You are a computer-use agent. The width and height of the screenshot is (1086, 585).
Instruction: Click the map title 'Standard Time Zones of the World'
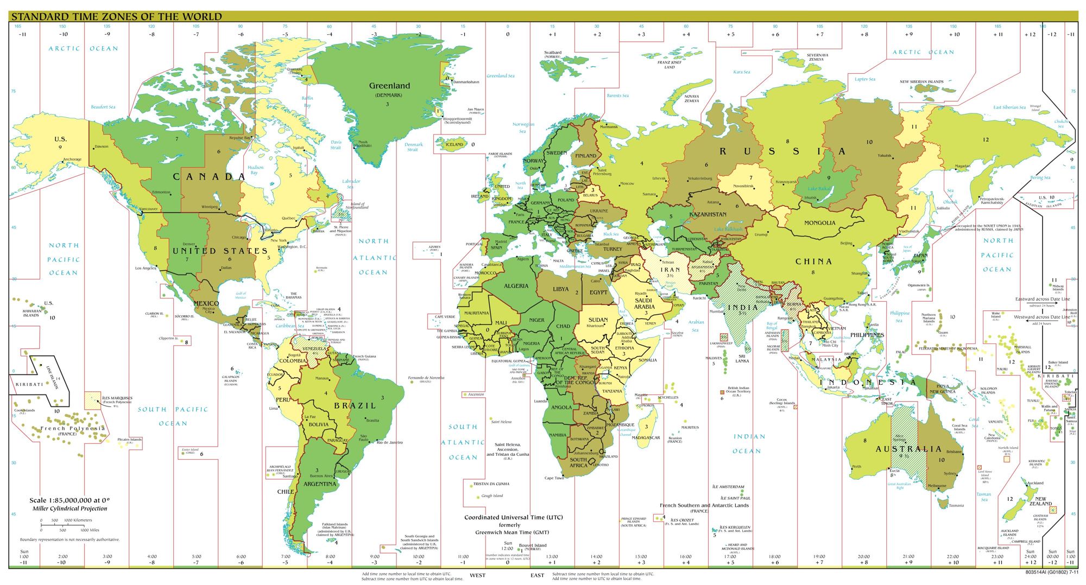[117, 16]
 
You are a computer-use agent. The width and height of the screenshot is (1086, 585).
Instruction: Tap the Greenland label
[389, 86]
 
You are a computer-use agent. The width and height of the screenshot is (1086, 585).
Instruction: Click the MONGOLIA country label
[819, 223]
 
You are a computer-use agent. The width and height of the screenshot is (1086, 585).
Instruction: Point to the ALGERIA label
[516, 286]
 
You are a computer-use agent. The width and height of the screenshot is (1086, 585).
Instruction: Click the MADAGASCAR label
[646, 437]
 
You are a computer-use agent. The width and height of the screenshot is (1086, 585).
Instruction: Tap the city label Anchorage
[72, 160]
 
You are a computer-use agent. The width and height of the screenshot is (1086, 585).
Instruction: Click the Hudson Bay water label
[255, 170]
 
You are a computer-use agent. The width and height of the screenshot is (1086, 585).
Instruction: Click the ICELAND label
[454, 144]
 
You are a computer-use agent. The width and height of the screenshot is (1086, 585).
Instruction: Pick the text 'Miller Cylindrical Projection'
[70, 508]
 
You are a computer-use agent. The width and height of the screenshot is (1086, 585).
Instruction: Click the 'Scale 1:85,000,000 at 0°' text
[70, 500]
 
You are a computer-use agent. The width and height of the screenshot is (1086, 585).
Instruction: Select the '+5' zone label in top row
[730, 34]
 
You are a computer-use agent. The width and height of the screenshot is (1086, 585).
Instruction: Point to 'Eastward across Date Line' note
[1043, 299]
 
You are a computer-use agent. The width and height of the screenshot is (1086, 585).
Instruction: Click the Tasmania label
[956, 505]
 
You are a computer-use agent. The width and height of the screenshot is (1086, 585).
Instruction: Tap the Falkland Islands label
[334, 525]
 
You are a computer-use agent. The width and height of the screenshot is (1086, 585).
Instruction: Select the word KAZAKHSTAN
[708, 214]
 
